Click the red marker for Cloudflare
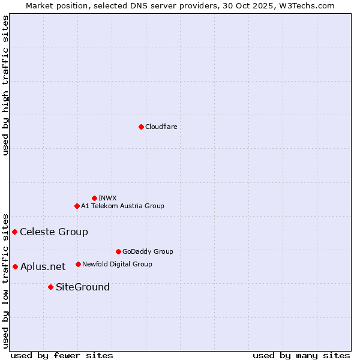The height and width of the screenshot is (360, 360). [141, 127]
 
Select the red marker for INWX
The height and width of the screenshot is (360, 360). [94, 198]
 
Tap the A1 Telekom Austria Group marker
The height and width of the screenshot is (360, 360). [77, 206]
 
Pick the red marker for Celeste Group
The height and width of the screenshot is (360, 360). [14, 232]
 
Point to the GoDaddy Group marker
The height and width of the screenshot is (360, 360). [118, 251]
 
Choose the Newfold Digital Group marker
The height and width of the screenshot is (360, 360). [78, 264]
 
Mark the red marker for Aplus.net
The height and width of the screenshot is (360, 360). [15, 266]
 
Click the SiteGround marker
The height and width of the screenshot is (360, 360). [50, 287]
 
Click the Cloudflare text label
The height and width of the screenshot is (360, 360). [161, 127]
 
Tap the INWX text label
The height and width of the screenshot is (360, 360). [107, 198]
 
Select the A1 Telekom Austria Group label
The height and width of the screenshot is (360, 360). [122, 206]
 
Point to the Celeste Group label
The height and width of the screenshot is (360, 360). [54, 232]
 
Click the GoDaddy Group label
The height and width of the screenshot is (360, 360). [148, 251]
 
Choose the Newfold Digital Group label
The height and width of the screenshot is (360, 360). [117, 264]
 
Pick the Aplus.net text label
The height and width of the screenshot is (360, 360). [43, 266]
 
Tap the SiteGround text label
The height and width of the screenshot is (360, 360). [83, 287]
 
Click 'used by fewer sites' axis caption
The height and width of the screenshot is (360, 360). [62, 355]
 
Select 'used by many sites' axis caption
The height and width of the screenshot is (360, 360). [301, 355]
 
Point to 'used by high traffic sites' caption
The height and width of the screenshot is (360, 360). [5, 85]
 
